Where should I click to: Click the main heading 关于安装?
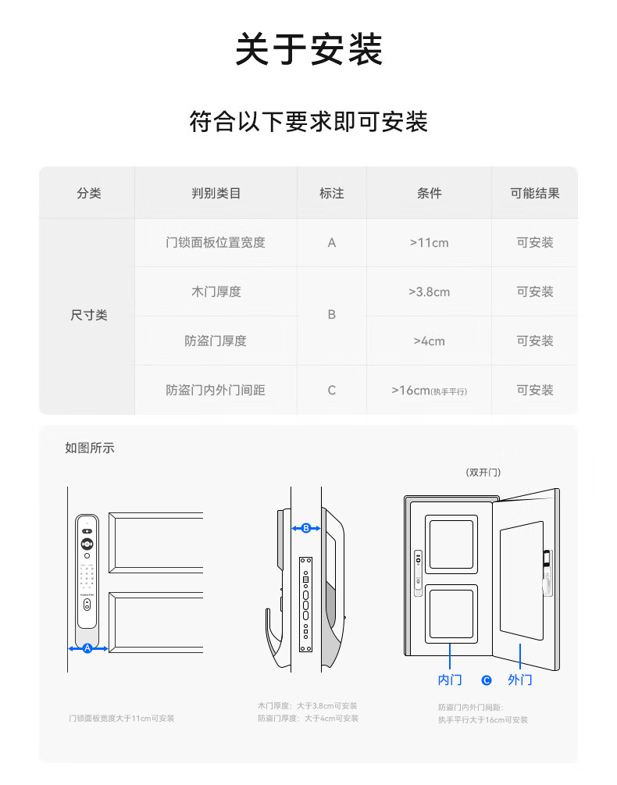coord(308,49)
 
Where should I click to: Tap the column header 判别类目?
coord(216,193)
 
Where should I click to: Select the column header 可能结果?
coord(534,193)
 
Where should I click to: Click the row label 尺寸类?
coord(89,316)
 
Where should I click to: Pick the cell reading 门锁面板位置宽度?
coord(216,243)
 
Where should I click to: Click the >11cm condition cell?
coord(429,243)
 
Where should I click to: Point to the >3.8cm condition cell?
coord(429,292)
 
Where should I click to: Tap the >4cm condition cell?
coord(429,341)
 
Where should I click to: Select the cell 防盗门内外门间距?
coord(216,390)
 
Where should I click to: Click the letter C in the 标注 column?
coord(332,391)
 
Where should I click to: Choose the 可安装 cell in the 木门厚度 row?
coord(534,292)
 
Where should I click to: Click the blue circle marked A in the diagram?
coord(87,648)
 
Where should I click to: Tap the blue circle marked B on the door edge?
coord(306,529)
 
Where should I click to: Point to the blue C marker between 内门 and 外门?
coord(487,680)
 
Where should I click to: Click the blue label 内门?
coord(450,680)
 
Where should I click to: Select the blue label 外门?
coord(519,680)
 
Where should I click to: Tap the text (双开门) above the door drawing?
coord(483,473)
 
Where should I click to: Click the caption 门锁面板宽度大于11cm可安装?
coord(121,719)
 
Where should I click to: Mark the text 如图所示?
coord(90,448)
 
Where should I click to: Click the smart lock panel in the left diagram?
coord(87,570)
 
